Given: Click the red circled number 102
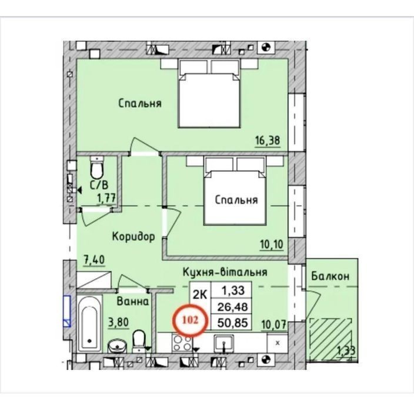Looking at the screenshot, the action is [191, 320].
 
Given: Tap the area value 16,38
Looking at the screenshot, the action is [267, 140].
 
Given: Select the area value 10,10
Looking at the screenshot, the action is [272, 245].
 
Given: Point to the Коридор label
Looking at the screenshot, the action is [133, 236].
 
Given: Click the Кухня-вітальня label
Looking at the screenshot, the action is [225, 272].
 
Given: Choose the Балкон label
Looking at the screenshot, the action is [330, 276].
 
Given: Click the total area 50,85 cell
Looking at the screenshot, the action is [232, 323].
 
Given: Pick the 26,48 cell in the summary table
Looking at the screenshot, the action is [232, 307].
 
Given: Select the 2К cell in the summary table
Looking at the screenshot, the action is [200, 295].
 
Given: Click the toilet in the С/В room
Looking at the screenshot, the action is [96, 168].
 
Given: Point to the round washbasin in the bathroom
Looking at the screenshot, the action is [116, 346].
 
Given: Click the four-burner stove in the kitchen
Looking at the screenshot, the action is [181, 343].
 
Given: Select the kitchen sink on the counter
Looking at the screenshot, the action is [223, 343].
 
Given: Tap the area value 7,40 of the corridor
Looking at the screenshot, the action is [94, 260].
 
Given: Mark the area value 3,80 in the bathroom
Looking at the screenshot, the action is [119, 322].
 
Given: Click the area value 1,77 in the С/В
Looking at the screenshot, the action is [106, 198].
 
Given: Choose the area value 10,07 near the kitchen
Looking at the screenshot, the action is [274, 325].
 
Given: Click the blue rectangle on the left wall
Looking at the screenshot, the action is [67, 311].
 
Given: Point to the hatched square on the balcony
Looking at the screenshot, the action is [330, 339].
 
